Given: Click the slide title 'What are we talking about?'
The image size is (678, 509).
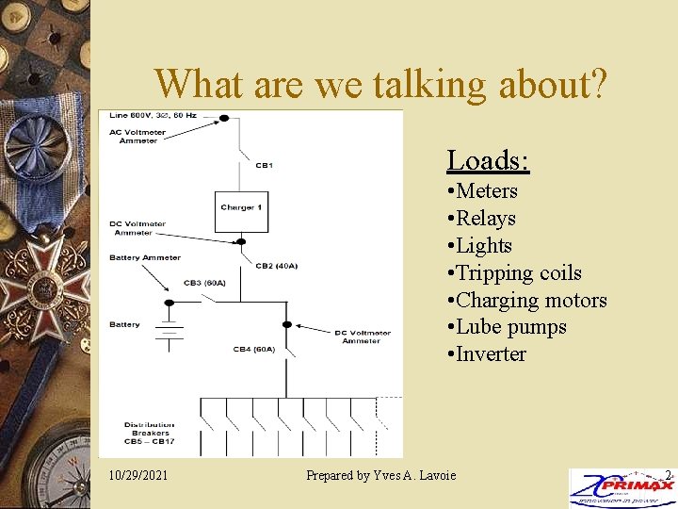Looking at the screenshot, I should coord(381,84).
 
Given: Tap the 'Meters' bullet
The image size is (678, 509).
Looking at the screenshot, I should coord(486,191).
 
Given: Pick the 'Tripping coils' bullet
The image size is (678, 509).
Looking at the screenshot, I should coord(518,273).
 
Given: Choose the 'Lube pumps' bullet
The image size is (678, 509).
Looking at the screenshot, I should coord(510,327).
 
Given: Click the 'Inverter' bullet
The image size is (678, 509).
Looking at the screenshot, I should coord(491,354).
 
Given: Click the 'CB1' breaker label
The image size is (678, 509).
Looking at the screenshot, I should coord(264,166).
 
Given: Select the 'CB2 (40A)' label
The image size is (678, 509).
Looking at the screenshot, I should coord(276,266).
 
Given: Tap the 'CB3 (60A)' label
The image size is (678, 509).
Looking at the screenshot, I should coord(205,283).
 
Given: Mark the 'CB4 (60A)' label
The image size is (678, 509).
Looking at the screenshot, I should coord(254,350).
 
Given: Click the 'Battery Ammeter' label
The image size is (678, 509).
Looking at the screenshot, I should coord(145,257).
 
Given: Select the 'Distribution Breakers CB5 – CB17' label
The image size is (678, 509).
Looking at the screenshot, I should coord(149,433).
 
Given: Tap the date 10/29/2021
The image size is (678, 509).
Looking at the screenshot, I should coord(138,475).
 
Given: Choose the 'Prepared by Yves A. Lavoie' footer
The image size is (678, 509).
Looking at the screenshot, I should coord(380,475).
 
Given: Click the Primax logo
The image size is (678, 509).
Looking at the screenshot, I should coord(621,487).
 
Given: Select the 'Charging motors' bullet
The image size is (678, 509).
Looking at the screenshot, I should coord(531,301).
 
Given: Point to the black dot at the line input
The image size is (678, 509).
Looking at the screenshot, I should coord(224,119).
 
